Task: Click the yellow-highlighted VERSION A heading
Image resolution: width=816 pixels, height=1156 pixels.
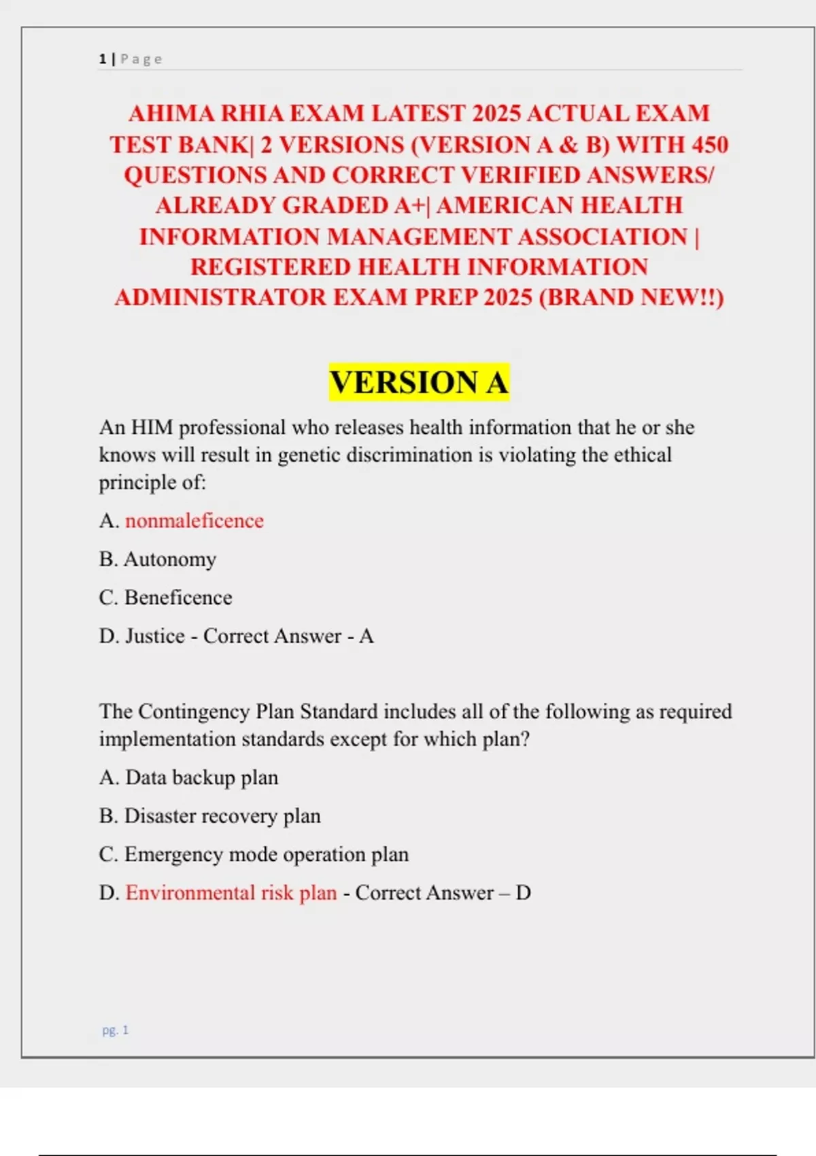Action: tap(419, 381)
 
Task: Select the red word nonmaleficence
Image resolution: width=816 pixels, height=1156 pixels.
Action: tap(194, 521)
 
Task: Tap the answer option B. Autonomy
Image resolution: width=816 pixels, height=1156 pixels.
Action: tap(158, 559)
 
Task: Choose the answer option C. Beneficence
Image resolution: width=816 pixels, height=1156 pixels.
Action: tap(165, 598)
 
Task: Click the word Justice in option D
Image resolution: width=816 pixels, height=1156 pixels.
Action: tap(155, 636)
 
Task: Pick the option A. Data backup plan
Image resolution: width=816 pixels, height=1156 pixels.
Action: tap(188, 777)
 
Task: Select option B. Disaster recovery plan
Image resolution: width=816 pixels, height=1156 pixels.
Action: tap(209, 815)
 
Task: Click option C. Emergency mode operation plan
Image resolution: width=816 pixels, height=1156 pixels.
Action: tap(254, 854)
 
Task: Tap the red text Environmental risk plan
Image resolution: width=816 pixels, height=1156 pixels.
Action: tap(231, 892)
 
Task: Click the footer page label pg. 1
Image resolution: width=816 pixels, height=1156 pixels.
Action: tap(116, 1030)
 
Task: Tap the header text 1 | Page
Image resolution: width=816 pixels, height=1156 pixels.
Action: tap(131, 59)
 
